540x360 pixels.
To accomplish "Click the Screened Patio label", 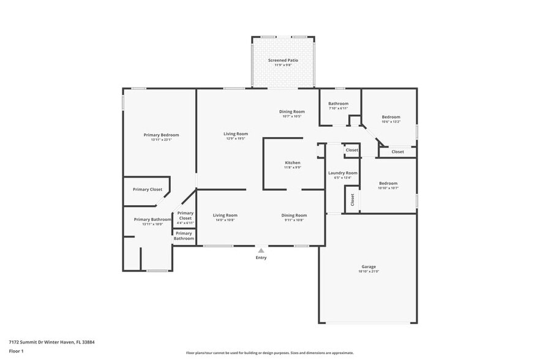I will [283, 61].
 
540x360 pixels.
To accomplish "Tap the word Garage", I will [368, 266].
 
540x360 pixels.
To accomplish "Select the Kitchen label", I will [292, 162].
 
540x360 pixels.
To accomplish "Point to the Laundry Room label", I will [342, 173].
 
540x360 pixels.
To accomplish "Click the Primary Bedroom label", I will [161, 135].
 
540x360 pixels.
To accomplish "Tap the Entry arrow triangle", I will [261, 250].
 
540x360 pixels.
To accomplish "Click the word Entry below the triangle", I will [261, 258].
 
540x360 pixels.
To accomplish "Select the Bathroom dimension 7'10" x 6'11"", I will [338, 108].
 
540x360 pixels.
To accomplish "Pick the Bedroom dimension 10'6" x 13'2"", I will [391, 122].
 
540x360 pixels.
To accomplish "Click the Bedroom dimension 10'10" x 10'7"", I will [388, 188].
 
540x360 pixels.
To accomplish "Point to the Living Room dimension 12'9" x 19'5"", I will [235, 138].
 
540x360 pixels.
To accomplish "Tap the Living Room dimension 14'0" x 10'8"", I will [225, 220].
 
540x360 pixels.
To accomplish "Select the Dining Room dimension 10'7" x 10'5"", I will [291, 116].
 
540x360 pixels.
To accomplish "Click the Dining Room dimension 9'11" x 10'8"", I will [294, 220].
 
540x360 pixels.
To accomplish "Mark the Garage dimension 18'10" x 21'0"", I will [368, 271].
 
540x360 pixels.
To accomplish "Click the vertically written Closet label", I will [352, 200].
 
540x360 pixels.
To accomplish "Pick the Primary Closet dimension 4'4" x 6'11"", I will [185, 223].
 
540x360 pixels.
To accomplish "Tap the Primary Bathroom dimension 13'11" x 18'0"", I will [152, 224].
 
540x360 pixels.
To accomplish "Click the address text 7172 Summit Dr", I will [31, 342].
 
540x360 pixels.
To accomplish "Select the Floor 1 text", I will [16, 351].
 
